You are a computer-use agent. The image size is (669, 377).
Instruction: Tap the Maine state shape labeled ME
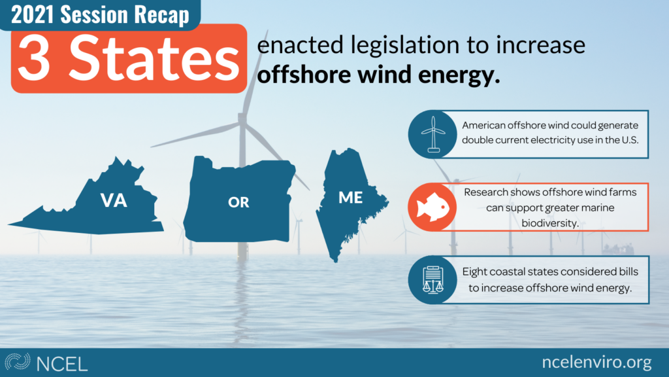click(x=348, y=201)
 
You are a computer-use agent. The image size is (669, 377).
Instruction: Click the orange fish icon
click(x=432, y=207)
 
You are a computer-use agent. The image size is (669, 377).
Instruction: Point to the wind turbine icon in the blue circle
click(x=434, y=134)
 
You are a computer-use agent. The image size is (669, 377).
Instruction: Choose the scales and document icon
click(x=433, y=280)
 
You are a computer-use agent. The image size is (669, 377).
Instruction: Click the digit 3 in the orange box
click(x=34, y=58)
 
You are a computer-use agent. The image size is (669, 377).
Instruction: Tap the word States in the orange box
click(x=154, y=58)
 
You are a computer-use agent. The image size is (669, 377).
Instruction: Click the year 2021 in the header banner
click(x=33, y=14)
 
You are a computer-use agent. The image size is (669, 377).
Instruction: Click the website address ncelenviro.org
click(x=597, y=362)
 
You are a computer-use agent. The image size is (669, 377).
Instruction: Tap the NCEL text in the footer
click(x=62, y=364)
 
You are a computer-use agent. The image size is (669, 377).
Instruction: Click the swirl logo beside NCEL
click(x=18, y=361)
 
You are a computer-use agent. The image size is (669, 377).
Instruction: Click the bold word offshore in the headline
click(x=304, y=75)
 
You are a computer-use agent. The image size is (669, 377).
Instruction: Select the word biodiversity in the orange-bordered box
click(x=550, y=223)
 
